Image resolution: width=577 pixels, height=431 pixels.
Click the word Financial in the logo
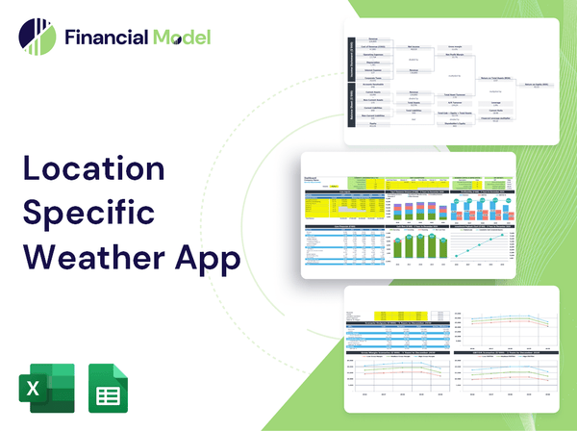(x=104, y=38)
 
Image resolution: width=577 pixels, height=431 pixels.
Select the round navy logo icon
(x=37, y=38)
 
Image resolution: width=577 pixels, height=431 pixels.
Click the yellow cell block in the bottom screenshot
(x=377, y=316)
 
